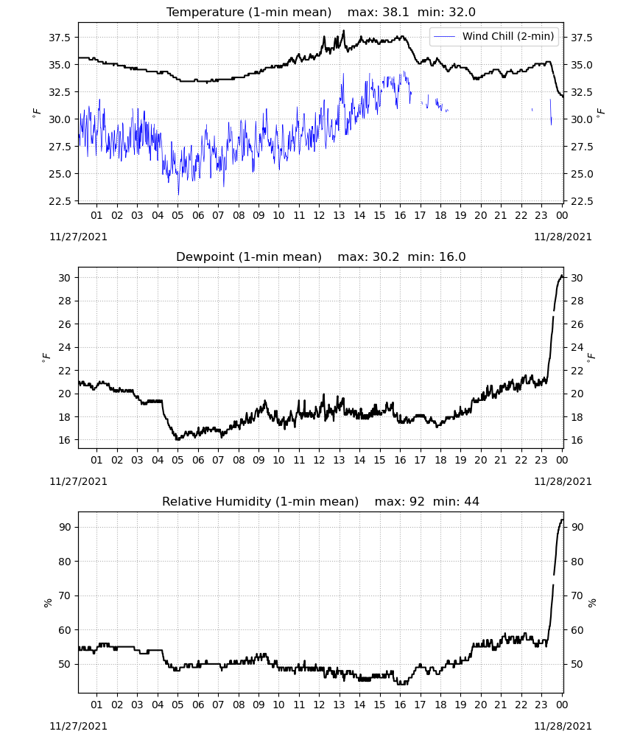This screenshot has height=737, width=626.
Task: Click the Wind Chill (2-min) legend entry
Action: click(x=494, y=36)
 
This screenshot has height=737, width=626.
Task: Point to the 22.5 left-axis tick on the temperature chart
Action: click(x=60, y=201)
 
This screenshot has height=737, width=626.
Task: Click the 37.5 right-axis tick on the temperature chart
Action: click(x=581, y=38)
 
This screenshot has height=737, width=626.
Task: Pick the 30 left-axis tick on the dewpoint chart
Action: click(x=65, y=278)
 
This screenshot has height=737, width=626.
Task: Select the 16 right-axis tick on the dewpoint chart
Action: click(x=576, y=441)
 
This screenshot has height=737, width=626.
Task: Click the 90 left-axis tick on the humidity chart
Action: click(x=65, y=528)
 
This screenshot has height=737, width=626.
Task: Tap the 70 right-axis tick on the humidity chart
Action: click(x=577, y=596)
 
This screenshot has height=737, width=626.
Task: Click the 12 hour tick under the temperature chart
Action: click(x=320, y=215)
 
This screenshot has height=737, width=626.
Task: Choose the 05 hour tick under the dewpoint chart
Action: click(x=177, y=460)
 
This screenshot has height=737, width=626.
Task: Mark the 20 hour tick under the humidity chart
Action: click(x=480, y=705)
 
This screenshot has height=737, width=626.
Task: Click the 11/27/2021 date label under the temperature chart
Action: click(x=78, y=237)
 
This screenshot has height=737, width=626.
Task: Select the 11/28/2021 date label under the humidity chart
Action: click(x=563, y=726)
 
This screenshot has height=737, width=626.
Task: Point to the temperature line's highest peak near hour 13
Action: click(x=344, y=30)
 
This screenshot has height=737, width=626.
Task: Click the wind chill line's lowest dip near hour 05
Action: click(x=178, y=194)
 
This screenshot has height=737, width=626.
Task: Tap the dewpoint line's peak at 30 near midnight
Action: click(x=562, y=276)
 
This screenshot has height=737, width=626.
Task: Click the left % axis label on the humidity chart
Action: click(x=47, y=603)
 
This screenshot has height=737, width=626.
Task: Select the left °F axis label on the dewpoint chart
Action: click(x=46, y=357)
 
